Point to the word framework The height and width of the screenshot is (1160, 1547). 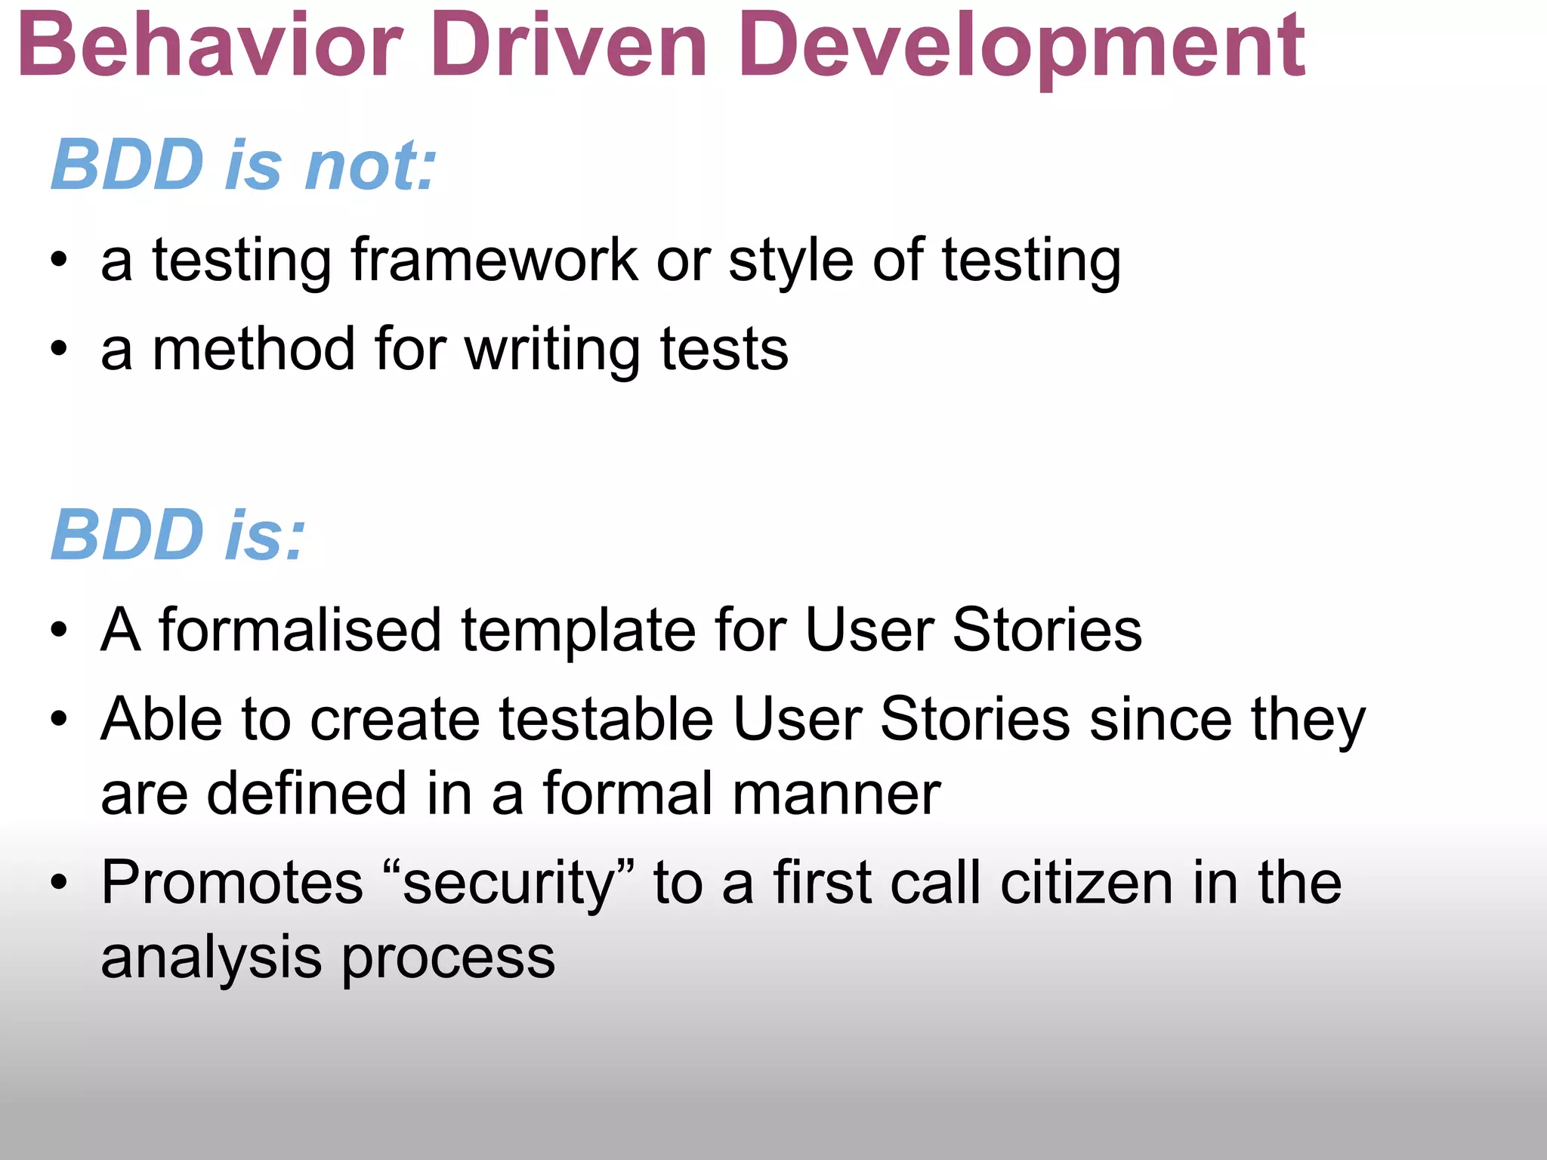pos(495,260)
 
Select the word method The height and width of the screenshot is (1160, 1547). pos(254,349)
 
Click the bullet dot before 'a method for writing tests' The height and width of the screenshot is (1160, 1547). pos(59,350)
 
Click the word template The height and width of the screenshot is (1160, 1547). pos(578,631)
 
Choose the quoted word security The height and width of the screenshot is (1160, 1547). pos(508,884)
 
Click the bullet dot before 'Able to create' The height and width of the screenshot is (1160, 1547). pos(59,718)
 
